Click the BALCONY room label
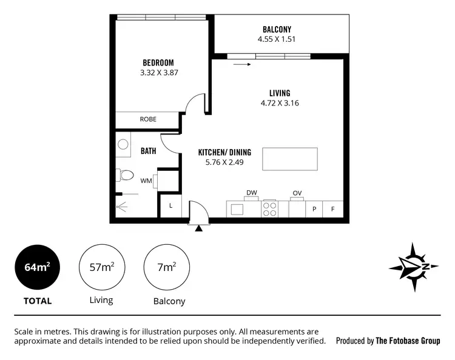[277, 29]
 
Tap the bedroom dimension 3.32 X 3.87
[158, 72]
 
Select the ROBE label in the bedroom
[148, 119]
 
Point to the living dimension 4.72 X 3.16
[280, 103]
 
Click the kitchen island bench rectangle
[289, 159]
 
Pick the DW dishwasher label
[251, 193]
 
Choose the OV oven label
[297, 193]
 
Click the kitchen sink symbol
[237, 209]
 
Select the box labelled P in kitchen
[314, 209]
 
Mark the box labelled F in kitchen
[332, 209]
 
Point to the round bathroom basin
[123, 145]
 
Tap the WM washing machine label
[146, 181]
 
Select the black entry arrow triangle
[198, 228]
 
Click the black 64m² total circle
[38, 267]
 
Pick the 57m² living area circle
[102, 267]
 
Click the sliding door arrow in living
[241, 63]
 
